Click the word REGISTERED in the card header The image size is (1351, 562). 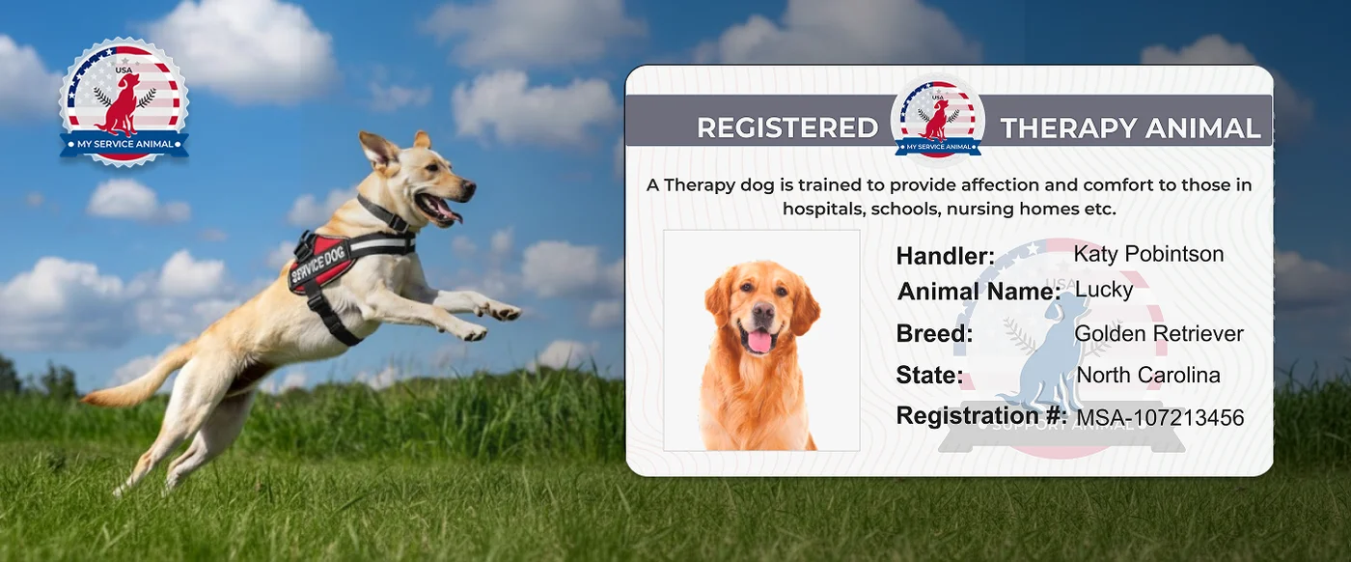[x=786, y=127]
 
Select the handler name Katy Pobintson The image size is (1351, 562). [x=1148, y=254]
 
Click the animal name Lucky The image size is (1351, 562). [x=1104, y=289]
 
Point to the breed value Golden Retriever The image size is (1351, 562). [x=1159, y=334]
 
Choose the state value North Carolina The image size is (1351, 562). [x=1148, y=375]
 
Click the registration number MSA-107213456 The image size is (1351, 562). [x=1160, y=418]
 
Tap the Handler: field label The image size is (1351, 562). [x=945, y=256]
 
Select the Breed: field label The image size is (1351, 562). [x=934, y=334]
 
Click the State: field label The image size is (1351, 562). [x=929, y=375]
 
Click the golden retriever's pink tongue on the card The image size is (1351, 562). [x=759, y=341]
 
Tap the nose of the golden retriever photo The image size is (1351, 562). [x=762, y=312]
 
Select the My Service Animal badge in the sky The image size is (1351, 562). [x=124, y=102]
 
